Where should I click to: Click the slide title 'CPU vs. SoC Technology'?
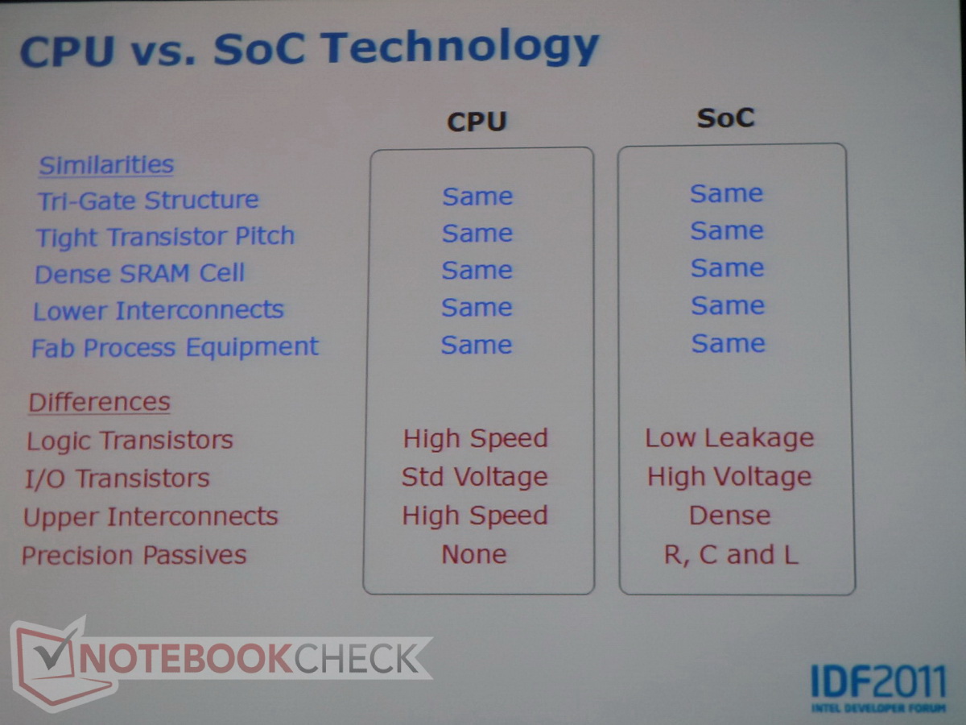(x=309, y=48)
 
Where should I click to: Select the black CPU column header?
(x=477, y=122)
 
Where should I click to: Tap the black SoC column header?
(x=726, y=118)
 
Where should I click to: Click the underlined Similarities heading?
(x=106, y=165)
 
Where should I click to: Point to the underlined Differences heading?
(x=99, y=402)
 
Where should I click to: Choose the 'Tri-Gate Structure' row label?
(x=148, y=201)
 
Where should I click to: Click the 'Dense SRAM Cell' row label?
(x=139, y=273)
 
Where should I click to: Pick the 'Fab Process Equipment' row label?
(x=175, y=347)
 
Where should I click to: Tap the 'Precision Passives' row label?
(x=134, y=555)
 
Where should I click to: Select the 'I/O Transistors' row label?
(x=118, y=478)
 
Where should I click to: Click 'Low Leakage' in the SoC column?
(x=729, y=438)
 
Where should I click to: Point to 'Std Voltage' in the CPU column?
(x=474, y=477)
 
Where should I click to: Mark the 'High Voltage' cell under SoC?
(x=729, y=477)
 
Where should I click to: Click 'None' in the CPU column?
(x=474, y=554)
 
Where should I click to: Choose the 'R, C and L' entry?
(x=731, y=555)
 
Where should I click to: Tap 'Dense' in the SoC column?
(x=729, y=516)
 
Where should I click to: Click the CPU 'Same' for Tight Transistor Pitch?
(x=477, y=234)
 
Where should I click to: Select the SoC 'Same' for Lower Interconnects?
(x=728, y=306)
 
